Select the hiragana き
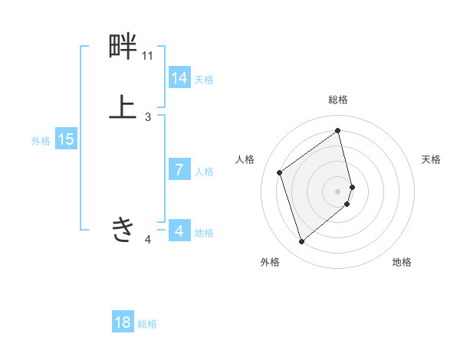tap(123, 229)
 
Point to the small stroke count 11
tap(147, 56)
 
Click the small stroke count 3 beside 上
tap(148, 117)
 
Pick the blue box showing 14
tap(179, 78)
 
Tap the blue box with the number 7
tap(179, 170)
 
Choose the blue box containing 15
tap(66, 139)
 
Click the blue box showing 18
tap(123, 322)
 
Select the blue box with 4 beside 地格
tap(179, 231)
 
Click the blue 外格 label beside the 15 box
tap(41, 141)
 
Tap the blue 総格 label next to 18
tap(147, 324)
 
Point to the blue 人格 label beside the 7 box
tap(205, 172)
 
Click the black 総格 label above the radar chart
tap(338, 100)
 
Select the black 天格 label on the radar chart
tap(431, 159)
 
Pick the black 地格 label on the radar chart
tap(402, 262)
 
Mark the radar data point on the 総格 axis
tap(338, 130)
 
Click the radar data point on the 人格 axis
tap(280, 172)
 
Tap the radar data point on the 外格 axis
tap(302, 241)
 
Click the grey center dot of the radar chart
tap(338, 191)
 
